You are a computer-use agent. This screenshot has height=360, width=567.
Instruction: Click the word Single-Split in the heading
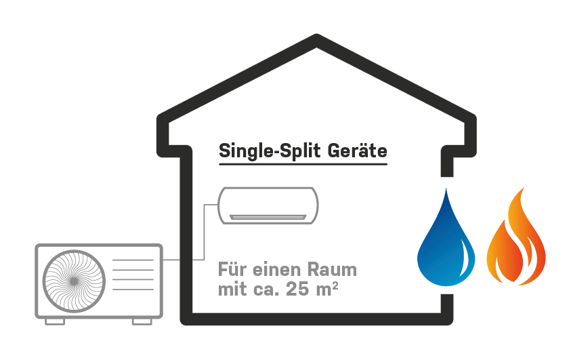click(x=270, y=151)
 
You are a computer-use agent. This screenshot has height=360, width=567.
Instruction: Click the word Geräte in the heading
click(x=357, y=151)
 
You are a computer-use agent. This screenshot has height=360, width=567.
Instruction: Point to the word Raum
click(x=333, y=270)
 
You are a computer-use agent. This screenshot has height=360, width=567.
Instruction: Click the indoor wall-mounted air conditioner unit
click(x=268, y=205)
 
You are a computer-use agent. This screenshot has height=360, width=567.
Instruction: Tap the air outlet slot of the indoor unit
click(x=268, y=217)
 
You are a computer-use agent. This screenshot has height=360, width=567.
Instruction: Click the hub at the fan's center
click(x=74, y=281)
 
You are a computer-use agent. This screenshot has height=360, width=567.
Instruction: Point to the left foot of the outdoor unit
click(x=55, y=321)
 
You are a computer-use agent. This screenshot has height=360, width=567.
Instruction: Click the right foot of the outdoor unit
click(x=142, y=321)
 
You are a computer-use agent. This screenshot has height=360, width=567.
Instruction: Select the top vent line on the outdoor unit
click(x=133, y=260)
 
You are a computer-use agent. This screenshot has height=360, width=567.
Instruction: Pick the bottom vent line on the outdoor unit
click(x=133, y=289)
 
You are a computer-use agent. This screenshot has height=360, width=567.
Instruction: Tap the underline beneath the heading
click(x=303, y=164)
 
